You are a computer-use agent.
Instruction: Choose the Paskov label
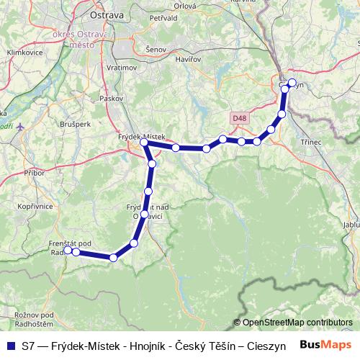click(109, 96)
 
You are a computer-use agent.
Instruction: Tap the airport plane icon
click(19, 127)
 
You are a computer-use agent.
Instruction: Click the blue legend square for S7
click(10, 346)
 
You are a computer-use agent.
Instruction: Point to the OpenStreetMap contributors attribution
click(297, 322)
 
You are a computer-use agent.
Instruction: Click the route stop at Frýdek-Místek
click(145, 143)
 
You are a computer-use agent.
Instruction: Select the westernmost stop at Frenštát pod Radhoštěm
click(68, 251)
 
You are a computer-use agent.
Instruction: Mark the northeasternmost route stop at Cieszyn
click(292, 82)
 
